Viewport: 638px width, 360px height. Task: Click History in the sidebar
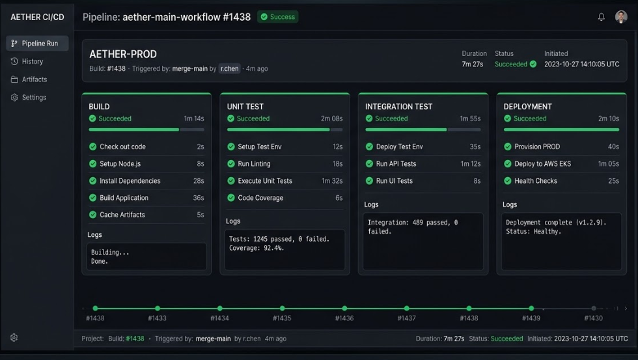[x=32, y=61]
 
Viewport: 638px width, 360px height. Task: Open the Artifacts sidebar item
[x=34, y=79]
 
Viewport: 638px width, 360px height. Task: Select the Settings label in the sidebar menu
[x=34, y=98]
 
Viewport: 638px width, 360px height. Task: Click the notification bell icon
[x=602, y=17]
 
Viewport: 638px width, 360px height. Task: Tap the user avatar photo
[x=621, y=17]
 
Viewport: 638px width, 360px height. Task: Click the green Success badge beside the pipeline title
[x=278, y=17]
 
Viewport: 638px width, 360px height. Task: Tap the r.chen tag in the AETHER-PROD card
[x=229, y=68]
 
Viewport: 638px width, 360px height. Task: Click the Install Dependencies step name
[x=130, y=181]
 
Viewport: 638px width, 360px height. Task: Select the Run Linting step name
[x=254, y=164]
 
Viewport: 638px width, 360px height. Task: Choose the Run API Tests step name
[x=396, y=164]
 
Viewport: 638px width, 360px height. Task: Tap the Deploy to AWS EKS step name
[x=542, y=164]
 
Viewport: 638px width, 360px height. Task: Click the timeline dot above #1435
[x=282, y=309]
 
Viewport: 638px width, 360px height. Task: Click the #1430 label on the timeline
[x=593, y=318]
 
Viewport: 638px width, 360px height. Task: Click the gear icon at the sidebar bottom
[x=14, y=338]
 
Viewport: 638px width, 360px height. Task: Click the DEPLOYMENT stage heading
[x=528, y=107]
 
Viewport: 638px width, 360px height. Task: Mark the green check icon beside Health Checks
[x=507, y=181]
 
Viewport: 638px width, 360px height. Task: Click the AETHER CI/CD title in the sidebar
[x=37, y=18]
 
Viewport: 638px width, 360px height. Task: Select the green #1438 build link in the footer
[x=135, y=339]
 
